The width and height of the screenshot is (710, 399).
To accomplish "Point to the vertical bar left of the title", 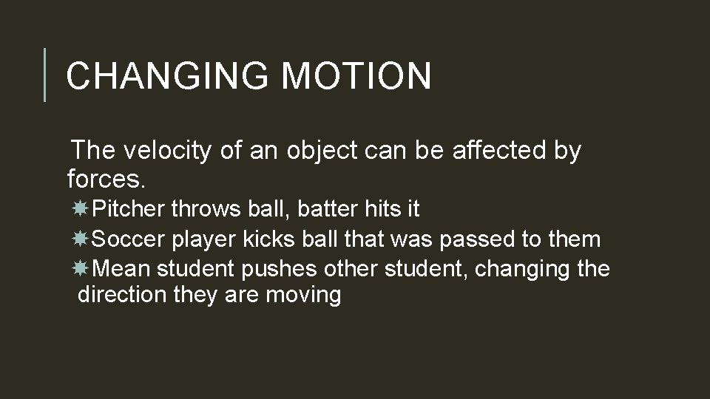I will click(45, 75).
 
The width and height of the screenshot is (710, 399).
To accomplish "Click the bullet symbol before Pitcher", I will click(82, 210).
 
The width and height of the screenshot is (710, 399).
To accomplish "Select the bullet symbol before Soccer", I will click(82, 239).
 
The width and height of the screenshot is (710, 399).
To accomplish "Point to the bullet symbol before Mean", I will click(82, 268).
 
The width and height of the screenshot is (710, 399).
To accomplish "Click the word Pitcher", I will click(130, 210).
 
